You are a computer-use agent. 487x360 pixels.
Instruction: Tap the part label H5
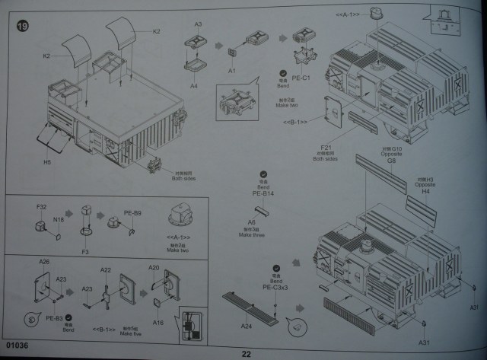point(47,161)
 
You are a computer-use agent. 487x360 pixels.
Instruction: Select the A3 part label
point(198,24)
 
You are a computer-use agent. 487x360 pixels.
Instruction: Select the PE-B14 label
point(263,194)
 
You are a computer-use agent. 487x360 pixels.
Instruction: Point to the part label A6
point(252,221)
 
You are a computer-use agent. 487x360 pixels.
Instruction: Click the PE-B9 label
point(134,215)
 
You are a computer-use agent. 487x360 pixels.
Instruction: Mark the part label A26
point(45,262)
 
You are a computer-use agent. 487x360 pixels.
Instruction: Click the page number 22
point(246,353)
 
